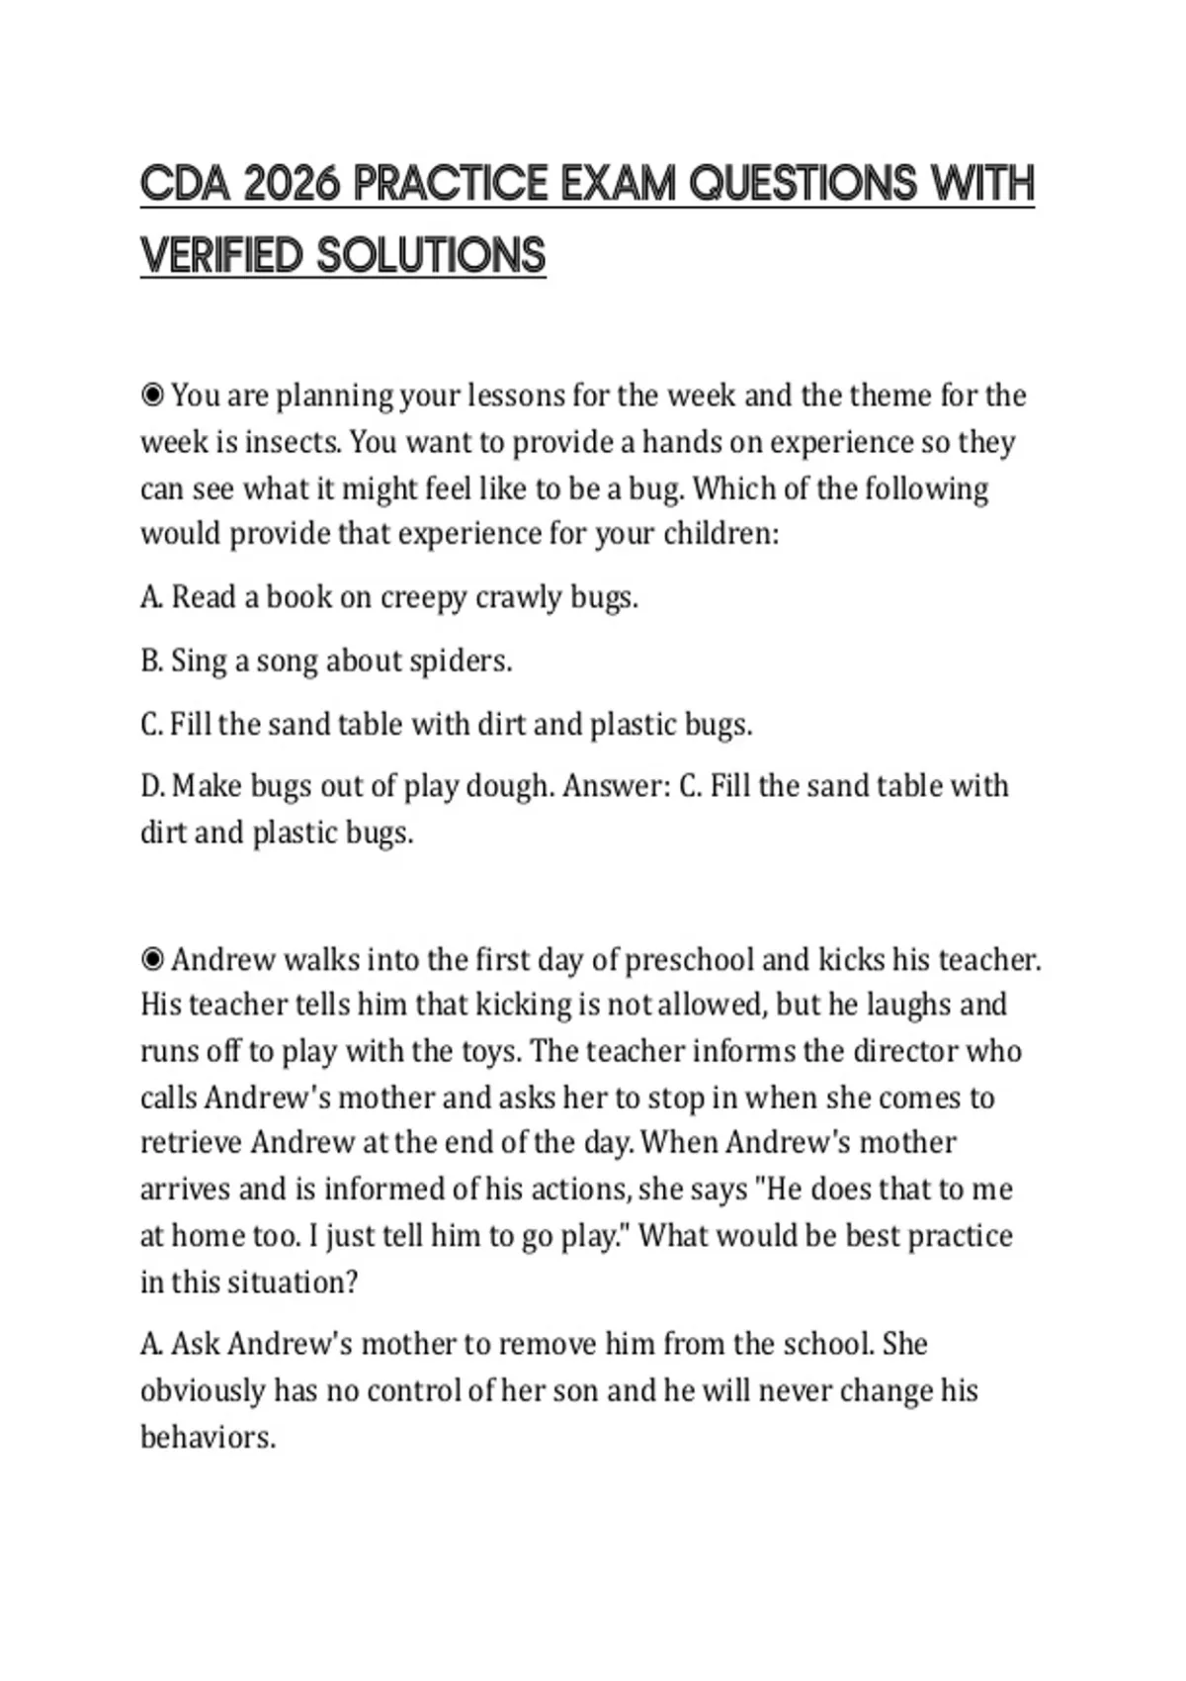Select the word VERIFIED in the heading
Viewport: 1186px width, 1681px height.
(221, 256)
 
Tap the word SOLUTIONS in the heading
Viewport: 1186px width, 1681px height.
(431, 256)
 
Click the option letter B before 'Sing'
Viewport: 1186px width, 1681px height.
(151, 661)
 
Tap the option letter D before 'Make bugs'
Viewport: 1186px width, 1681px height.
(152, 786)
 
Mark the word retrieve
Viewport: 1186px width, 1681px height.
(192, 1143)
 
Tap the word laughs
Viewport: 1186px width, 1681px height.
(908, 1005)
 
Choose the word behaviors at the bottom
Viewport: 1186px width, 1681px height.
(208, 1437)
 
